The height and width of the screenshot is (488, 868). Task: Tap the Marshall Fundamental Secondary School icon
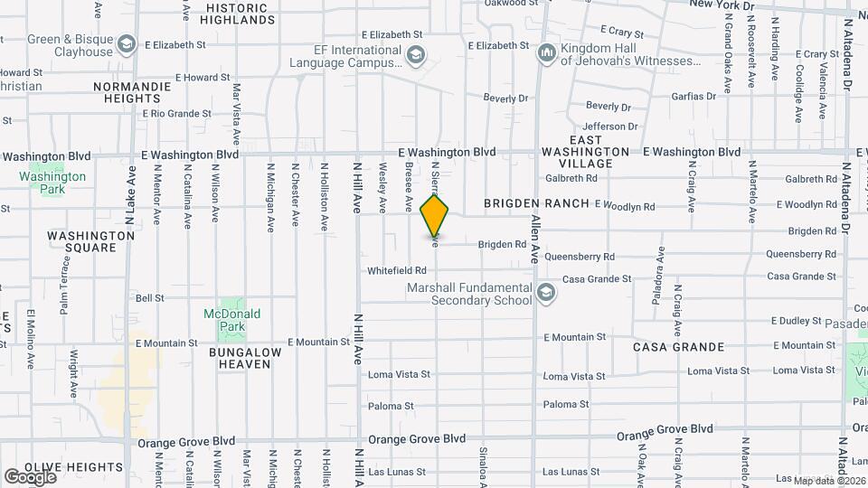tap(545, 293)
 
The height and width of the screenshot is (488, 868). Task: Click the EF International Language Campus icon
tap(415, 56)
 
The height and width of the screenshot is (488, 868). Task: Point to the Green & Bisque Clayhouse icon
tap(127, 44)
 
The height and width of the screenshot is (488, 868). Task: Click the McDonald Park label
tap(232, 320)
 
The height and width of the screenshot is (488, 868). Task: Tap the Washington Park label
tap(55, 183)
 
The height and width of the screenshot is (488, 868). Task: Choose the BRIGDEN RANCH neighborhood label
tap(536, 204)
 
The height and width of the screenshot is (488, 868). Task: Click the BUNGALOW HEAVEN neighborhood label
tap(240, 357)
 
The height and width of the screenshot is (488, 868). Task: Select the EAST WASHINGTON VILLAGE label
tap(586, 151)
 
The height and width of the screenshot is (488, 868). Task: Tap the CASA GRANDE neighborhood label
tap(678, 347)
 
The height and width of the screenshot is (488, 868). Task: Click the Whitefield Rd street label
tap(396, 271)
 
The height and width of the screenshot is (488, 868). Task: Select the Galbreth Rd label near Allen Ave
tap(567, 178)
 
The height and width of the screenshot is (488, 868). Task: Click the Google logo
tap(30, 476)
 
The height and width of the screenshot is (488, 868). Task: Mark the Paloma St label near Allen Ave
tap(566, 404)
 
